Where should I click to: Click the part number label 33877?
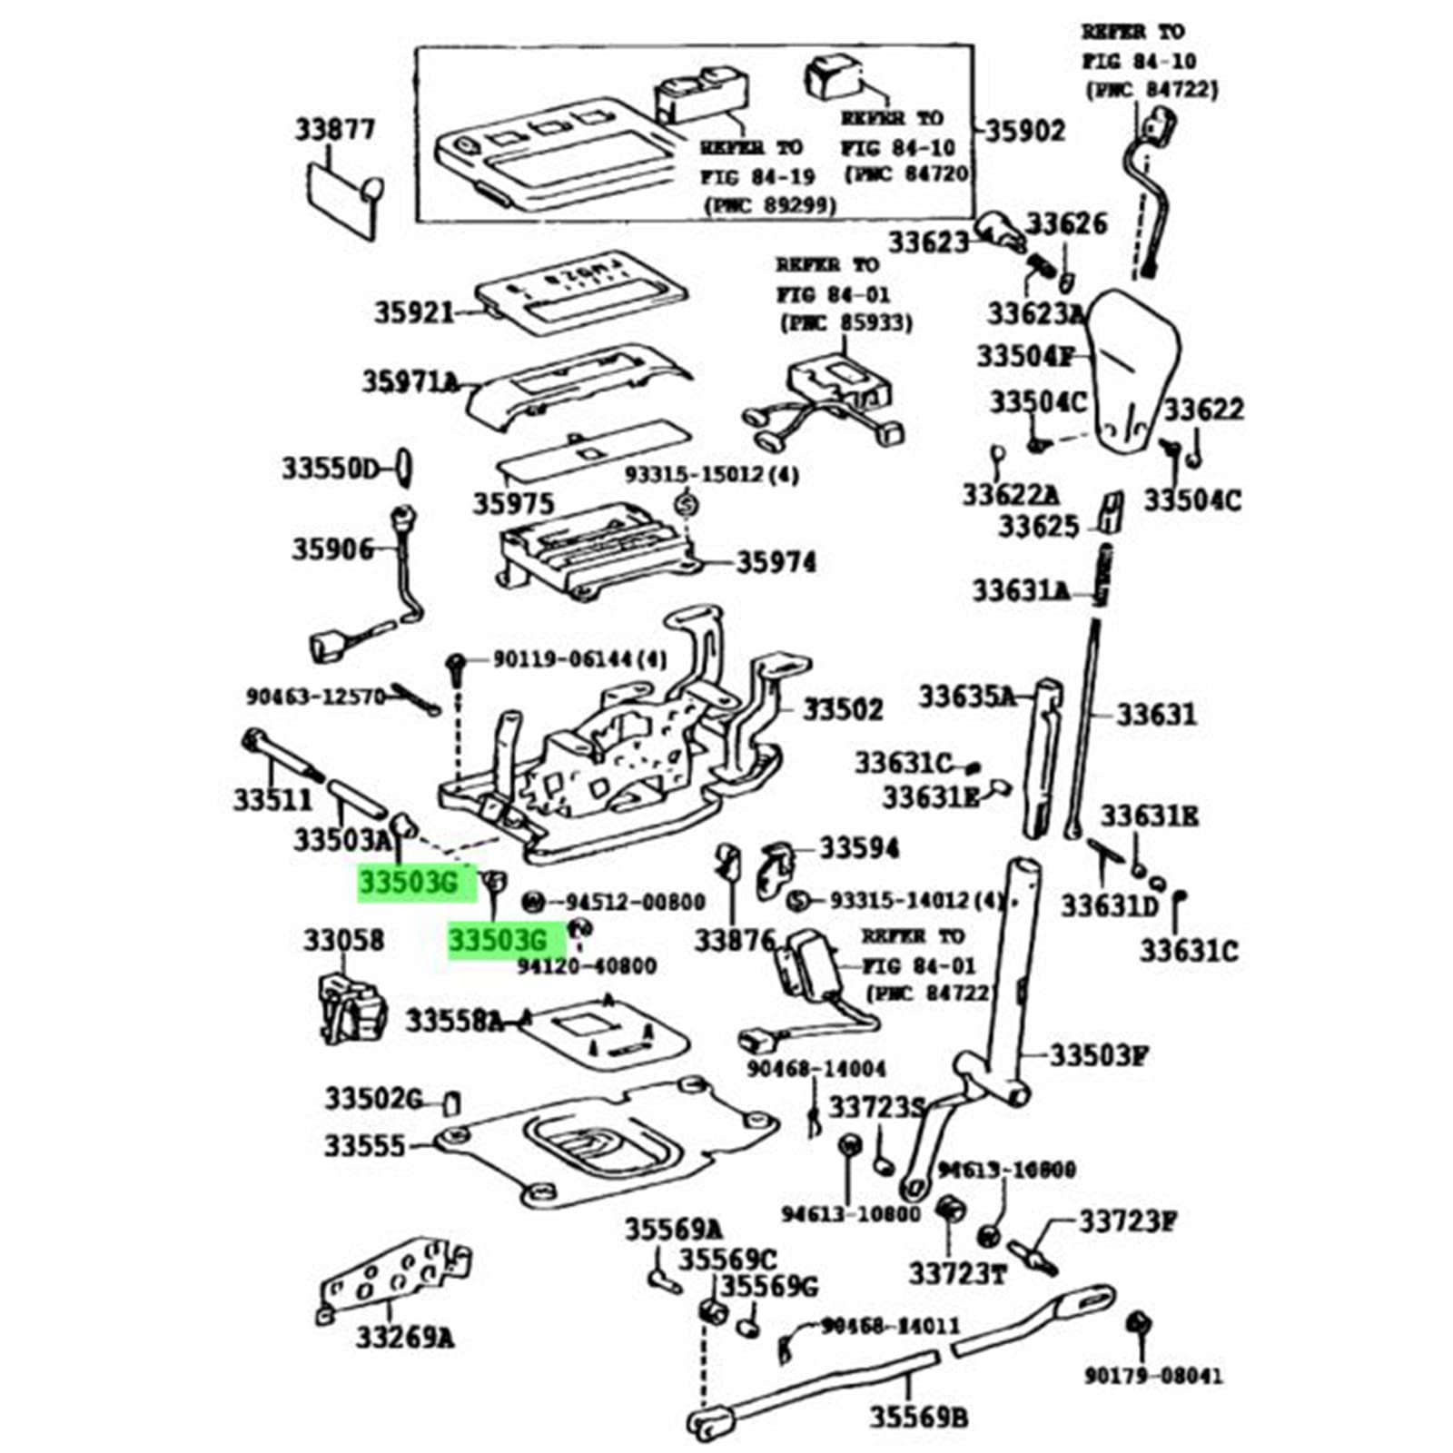click(334, 130)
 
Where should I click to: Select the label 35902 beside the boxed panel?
click(1024, 132)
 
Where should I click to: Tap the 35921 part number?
click(413, 312)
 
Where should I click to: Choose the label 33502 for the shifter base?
click(842, 708)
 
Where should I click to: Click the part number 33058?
click(344, 940)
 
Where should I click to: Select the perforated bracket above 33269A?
click(396, 1277)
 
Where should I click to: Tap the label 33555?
click(365, 1146)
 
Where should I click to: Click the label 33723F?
click(1127, 1221)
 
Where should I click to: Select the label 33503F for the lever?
click(1099, 1055)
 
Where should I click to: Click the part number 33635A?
click(966, 697)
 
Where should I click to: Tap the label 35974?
click(776, 562)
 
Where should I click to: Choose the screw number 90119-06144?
click(578, 658)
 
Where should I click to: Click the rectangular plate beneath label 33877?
click(340, 199)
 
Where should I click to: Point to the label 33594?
click(858, 848)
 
